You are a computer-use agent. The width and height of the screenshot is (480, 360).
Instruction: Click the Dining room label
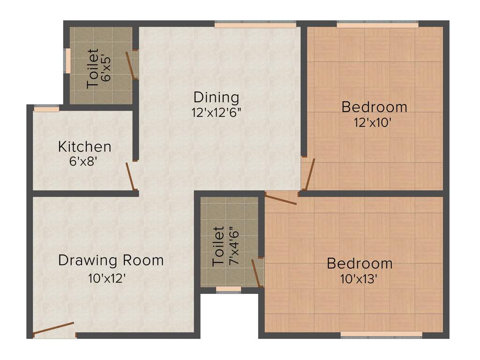[x=217, y=97]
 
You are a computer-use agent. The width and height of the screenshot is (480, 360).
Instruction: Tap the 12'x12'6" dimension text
[x=217, y=112]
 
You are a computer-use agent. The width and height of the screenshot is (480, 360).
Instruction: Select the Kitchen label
[x=85, y=147]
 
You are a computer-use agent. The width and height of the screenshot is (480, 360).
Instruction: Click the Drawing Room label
[x=111, y=260]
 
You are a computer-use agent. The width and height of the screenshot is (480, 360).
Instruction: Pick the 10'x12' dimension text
[x=107, y=278]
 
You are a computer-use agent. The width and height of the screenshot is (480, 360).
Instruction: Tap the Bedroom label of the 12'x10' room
[x=374, y=107]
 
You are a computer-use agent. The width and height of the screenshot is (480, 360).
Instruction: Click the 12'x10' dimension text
[x=373, y=123]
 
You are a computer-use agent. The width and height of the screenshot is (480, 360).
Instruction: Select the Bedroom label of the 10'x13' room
[x=360, y=263]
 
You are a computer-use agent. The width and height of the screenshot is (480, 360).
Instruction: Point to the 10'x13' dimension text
[x=359, y=279]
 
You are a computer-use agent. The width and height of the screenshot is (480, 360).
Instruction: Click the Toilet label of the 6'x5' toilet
[x=93, y=68]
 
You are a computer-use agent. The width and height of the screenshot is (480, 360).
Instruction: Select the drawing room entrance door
[x=53, y=329]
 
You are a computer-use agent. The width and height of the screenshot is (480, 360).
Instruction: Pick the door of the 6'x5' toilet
[x=130, y=65]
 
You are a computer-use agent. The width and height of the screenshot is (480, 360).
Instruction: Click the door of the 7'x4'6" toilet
[x=256, y=273]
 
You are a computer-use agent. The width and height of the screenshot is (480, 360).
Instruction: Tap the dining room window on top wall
[x=255, y=24]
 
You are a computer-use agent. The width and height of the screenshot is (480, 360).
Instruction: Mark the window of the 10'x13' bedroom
[x=381, y=335]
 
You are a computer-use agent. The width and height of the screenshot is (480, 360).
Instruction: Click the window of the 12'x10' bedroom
[x=377, y=24]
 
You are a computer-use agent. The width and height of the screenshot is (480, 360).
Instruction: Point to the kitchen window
[x=46, y=109]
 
